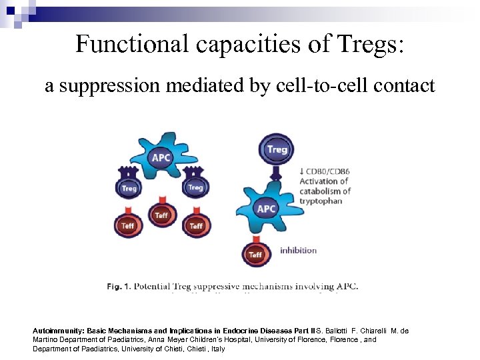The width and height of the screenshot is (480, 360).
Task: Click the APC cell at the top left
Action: pos(161,157)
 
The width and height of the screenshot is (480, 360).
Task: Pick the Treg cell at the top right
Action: pos(277,151)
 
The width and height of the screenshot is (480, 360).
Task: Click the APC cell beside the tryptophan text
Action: pos(266,209)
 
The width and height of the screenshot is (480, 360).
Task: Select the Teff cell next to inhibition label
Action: pos(255,253)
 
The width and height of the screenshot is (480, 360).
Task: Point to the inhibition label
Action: pos(298,251)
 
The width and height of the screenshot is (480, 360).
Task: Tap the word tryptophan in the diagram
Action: pos(321,201)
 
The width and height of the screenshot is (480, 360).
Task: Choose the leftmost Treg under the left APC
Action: pos(129,188)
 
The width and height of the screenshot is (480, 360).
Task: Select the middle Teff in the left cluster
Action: pos(161,215)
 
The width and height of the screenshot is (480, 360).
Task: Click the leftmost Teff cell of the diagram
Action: pos(127,225)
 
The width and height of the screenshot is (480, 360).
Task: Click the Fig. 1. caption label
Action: pos(119,286)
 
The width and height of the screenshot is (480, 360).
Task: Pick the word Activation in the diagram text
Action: pos(318,181)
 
